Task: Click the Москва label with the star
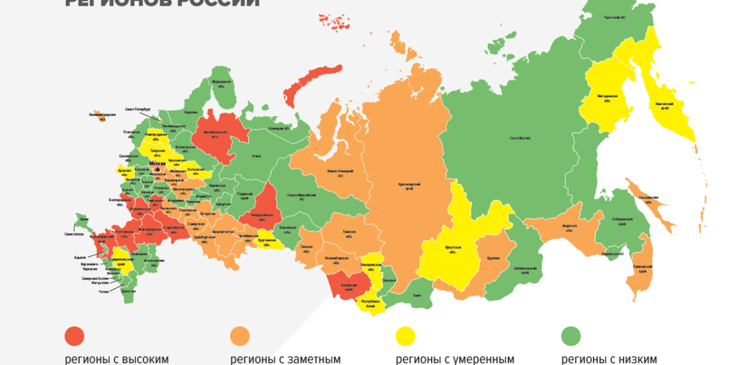158,164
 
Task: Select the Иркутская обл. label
453,248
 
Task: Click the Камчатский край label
661,106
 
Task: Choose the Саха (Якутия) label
520,138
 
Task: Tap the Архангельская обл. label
211,134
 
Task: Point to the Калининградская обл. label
102,116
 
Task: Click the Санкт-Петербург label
137,109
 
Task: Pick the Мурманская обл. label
221,84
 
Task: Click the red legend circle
75,336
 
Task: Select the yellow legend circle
405,336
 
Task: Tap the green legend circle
571,336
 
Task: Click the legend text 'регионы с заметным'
285,359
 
